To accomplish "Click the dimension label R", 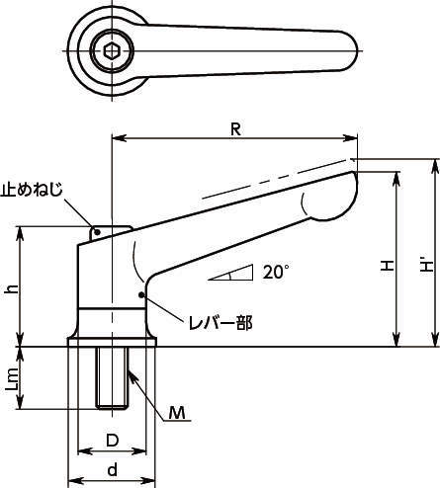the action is [235, 129].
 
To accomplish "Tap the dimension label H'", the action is [427, 264].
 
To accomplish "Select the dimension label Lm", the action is [13, 379].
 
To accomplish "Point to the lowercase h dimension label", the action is [13, 288].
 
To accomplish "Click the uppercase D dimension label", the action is [112, 441].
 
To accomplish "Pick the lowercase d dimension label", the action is [113, 469].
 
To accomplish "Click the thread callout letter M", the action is [177, 413].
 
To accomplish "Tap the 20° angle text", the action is [276, 272].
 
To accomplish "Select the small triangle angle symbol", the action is [230, 273].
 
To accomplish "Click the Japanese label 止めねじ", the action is [32, 190].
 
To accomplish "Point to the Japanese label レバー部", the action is [220, 323].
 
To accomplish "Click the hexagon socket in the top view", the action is [112, 51].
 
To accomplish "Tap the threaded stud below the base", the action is [112, 378].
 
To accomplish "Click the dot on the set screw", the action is [97, 232].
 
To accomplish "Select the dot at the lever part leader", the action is [141, 294].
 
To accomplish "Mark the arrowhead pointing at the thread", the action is [132, 374].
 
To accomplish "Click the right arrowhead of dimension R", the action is [351, 138].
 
